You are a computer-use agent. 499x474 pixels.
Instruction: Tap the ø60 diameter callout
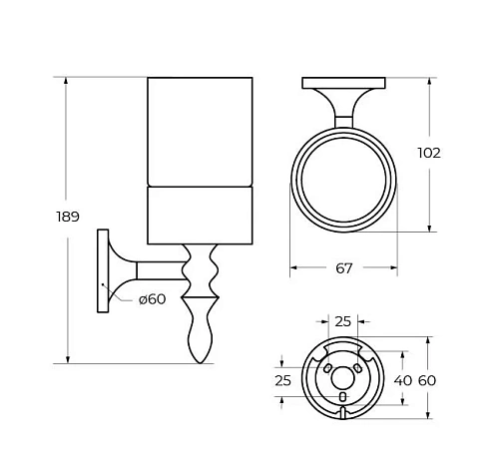[x=152, y=298]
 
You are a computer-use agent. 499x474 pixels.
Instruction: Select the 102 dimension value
[x=430, y=153]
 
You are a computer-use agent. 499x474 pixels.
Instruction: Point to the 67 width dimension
[x=344, y=268]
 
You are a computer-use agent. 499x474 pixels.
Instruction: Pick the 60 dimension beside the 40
[x=427, y=380]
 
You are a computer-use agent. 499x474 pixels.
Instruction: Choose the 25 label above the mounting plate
[x=343, y=321]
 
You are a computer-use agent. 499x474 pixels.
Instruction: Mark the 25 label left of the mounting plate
[x=283, y=380]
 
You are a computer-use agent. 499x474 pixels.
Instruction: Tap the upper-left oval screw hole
[x=327, y=367]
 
